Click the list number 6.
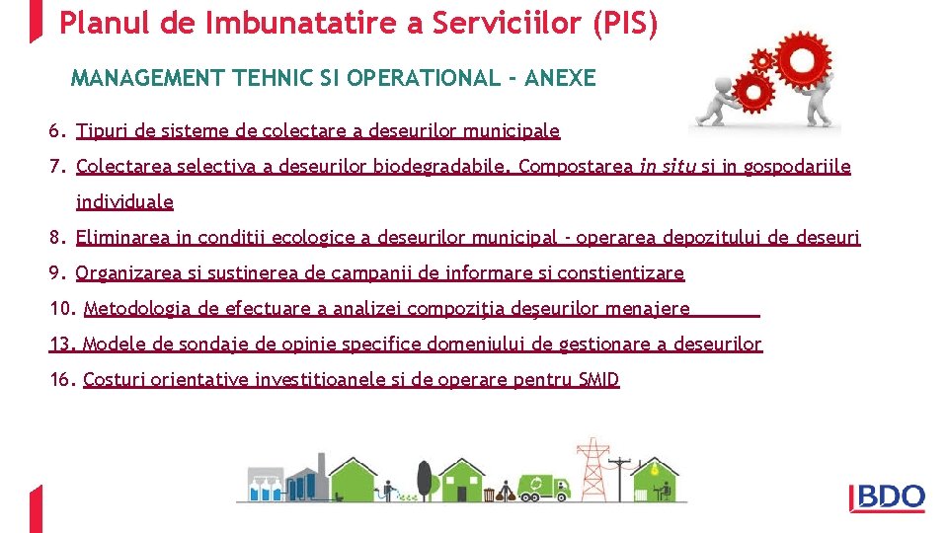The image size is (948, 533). coord(56,131)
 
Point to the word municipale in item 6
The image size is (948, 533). coord(514,131)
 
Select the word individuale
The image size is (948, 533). coord(124,202)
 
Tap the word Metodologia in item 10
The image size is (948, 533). coord(136,309)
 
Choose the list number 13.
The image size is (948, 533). coord(62,344)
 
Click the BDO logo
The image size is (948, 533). coord(888,497)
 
